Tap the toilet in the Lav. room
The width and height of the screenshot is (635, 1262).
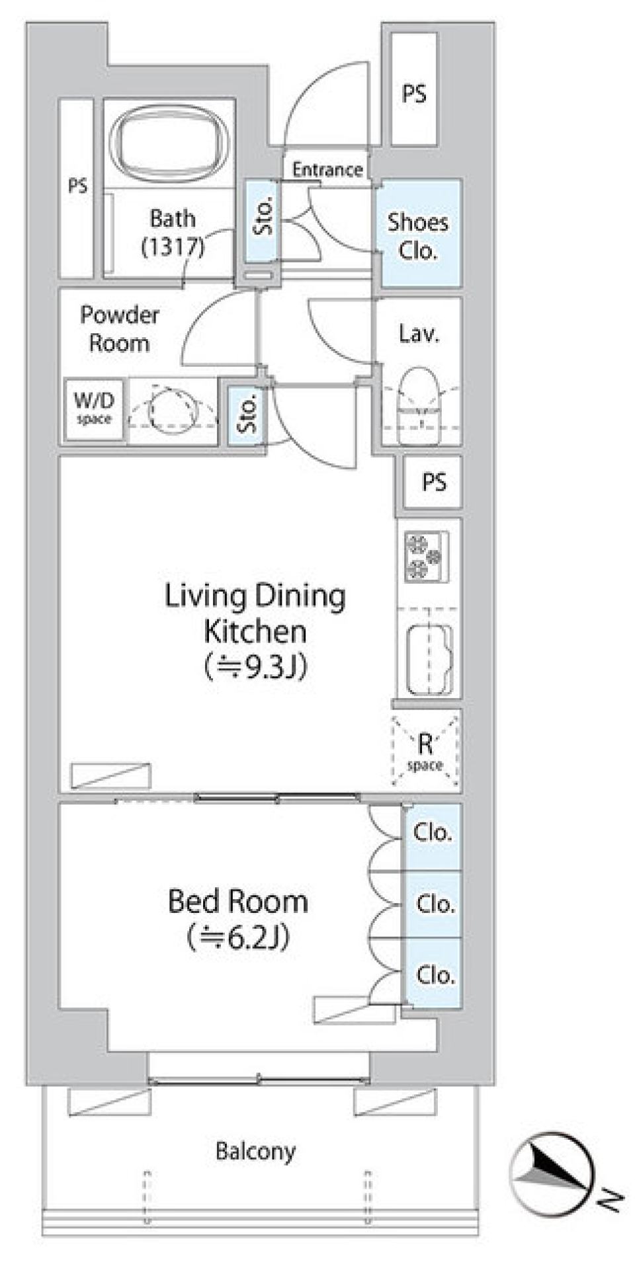click(419, 399)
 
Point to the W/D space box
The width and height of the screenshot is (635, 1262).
click(94, 408)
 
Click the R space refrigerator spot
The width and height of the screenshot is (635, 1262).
click(425, 751)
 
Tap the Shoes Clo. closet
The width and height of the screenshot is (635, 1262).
click(418, 233)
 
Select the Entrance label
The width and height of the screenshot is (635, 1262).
click(327, 170)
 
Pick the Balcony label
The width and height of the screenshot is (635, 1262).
click(255, 1151)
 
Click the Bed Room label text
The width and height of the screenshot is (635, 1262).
click(238, 901)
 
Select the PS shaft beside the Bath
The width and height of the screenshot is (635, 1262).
click(76, 188)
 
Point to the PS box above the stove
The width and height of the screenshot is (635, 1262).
click(434, 482)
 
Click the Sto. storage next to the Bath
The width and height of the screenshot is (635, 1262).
click(263, 219)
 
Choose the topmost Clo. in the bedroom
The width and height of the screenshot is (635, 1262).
click(433, 836)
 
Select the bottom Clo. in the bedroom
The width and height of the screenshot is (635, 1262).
click(434, 973)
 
